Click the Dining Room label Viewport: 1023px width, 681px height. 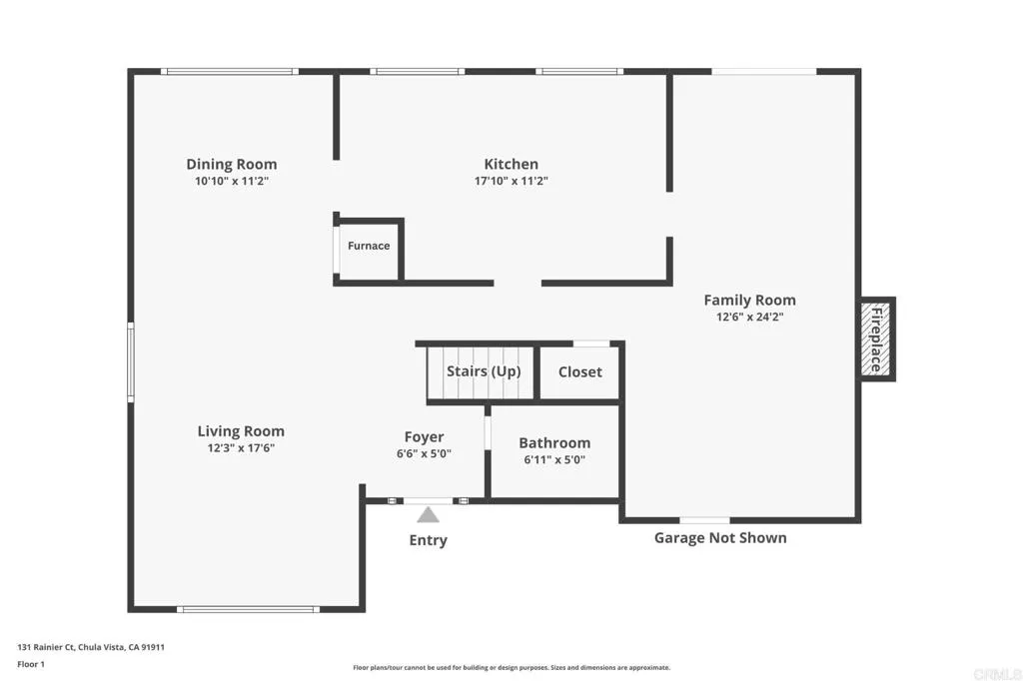click(x=232, y=164)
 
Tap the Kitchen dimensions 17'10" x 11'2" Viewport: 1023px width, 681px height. click(x=511, y=182)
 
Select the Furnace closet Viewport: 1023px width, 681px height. click(x=369, y=247)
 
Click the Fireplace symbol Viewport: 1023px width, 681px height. click(x=877, y=340)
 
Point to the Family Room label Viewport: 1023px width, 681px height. click(x=749, y=300)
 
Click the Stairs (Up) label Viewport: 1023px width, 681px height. click(x=484, y=371)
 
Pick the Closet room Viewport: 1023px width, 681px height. click(x=580, y=371)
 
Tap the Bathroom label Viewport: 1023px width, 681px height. click(x=554, y=442)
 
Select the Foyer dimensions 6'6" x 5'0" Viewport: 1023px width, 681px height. click(x=424, y=453)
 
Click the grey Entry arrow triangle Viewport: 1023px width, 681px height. click(x=428, y=515)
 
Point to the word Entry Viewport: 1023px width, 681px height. click(x=428, y=540)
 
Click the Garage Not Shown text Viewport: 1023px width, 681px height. click(x=720, y=538)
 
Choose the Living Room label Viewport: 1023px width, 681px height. click(x=241, y=431)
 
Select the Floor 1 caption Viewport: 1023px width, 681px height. click(x=31, y=663)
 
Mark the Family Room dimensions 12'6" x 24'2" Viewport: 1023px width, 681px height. click(x=749, y=318)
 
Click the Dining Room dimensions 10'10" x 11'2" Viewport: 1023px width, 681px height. click(x=232, y=182)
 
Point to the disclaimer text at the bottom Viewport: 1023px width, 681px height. click(x=511, y=667)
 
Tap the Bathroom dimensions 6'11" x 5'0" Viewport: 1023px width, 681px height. click(x=554, y=460)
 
